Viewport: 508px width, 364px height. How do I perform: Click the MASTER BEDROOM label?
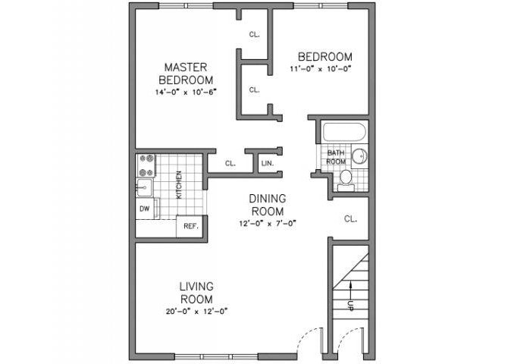(x=186, y=73)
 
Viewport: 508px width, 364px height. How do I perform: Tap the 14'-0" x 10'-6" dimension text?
(x=186, y=93)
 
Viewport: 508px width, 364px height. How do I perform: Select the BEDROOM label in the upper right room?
(x=325, y=57)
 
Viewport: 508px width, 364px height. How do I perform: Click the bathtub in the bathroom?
(x=344, y=132)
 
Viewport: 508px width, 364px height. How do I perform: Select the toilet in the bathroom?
(x=345, y=178)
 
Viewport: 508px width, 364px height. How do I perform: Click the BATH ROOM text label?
(x=335, y=156)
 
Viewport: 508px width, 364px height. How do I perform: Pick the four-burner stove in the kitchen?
(x=146, y=165)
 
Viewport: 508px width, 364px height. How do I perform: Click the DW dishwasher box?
(x=144, y=207)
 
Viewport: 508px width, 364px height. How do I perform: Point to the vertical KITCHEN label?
(x=179, y=184)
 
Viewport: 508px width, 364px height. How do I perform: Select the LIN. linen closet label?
(x=267, y=163)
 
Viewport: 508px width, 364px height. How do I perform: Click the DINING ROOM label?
(x=267, y=205)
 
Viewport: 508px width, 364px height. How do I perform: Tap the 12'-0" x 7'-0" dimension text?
(x=267, y=223)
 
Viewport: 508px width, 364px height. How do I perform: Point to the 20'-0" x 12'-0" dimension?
(x=196, y=311)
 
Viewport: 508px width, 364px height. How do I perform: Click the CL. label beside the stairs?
(x=350, y=219)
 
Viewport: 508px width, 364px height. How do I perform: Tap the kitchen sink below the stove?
(x=144, y=184)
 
